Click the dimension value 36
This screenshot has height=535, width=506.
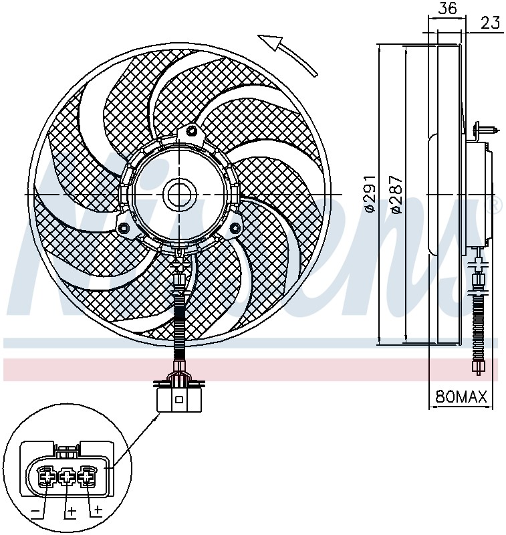(447, 8)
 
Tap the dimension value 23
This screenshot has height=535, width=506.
(491, 23)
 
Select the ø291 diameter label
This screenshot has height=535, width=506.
(369, 194)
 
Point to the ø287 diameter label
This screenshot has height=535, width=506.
(396, 195)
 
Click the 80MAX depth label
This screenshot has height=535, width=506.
(461, 397)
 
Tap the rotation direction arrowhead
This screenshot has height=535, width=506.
(271, 41)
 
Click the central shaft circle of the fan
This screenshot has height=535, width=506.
(180, 195)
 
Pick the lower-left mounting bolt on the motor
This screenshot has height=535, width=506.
(123, 227)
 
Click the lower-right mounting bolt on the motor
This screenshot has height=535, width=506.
(235, 227)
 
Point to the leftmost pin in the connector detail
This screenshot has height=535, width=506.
(47, 476)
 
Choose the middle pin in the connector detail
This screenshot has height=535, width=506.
(68, 476)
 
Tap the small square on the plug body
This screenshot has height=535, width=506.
(178, 399)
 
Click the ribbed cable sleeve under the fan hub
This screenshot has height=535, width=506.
(180, 324)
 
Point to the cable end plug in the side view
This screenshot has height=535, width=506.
(479, 367)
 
